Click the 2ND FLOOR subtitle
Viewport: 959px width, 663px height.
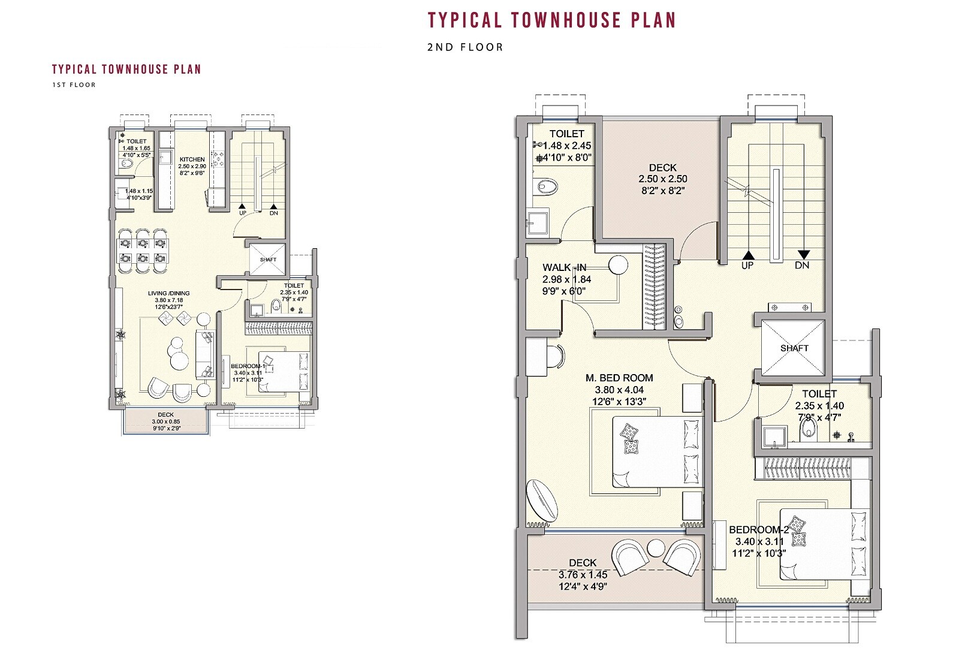click(465, 47)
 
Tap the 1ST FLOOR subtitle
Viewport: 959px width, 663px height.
click(74, 85)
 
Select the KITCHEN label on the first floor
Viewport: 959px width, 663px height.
click(192, 159)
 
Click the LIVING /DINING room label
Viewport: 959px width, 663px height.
click(169, 294)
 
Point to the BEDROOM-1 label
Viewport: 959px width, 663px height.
click(248, 366)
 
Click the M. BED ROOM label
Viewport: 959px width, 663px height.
click(619, 378)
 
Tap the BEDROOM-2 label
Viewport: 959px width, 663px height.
click(758, 530)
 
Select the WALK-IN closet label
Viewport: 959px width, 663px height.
click(565, 268)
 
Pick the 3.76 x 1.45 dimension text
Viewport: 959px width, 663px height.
click(583, 575)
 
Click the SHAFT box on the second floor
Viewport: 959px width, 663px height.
click(794, 348)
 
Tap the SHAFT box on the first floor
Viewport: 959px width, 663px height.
click(268, 260)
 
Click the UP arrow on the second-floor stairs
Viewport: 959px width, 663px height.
click(747, 255)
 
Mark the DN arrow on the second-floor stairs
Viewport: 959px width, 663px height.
click(803, 255)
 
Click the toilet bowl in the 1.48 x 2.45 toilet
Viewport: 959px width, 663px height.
click(547, 187)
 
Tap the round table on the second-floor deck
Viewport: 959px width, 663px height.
click(656, 548)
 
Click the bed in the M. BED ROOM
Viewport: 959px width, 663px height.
click(656, 453)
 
